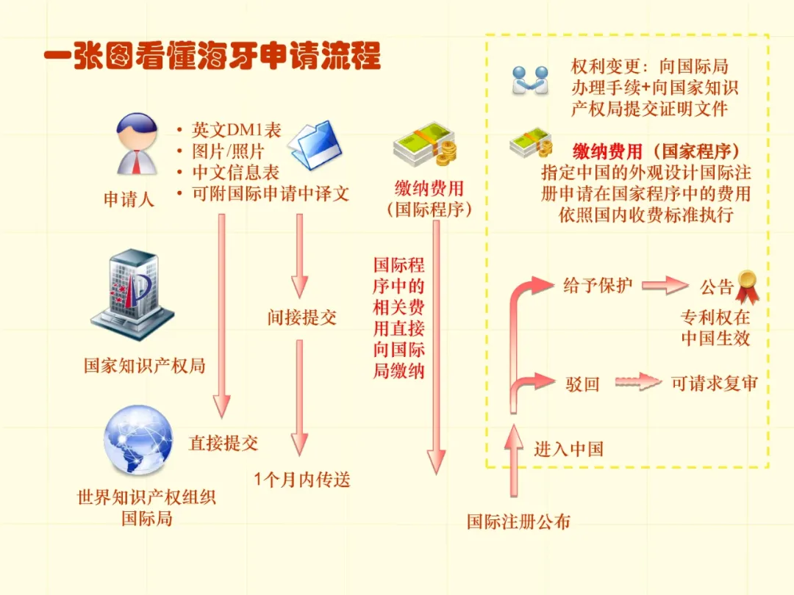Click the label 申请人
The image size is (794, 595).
129,199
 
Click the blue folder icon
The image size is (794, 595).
315,144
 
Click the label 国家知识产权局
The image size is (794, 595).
144,365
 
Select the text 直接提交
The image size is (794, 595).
223,443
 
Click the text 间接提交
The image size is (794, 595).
301,317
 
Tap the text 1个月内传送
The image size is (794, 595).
302,480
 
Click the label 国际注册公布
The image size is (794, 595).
518,522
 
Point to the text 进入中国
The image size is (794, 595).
568,449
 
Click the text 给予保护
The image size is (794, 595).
598,285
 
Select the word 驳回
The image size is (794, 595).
582,383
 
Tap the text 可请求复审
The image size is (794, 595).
714,383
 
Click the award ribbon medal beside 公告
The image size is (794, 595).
747,286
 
